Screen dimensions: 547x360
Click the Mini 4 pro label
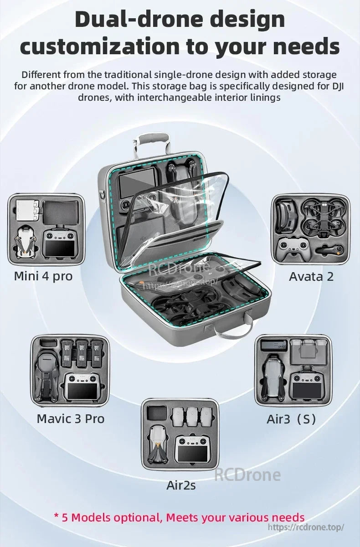43,276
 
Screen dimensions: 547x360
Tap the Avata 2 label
311,276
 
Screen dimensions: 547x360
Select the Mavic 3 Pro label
71,418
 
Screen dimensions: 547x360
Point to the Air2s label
181,485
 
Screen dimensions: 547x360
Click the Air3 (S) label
291,419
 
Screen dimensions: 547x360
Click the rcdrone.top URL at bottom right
306,527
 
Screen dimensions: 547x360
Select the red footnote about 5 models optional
179,517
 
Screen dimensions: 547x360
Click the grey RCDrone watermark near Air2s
247,475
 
